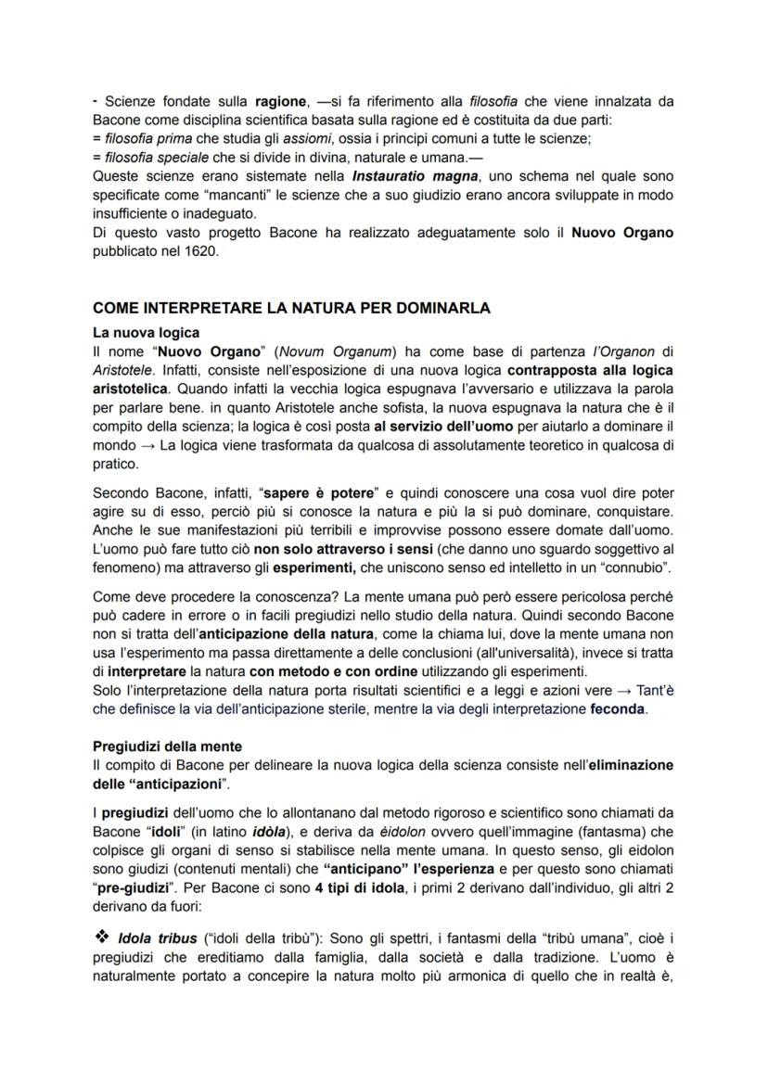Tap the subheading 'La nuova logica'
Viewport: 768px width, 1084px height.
(x=146, y=332)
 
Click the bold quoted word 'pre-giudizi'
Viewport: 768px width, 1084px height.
(x=138, y=886)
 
